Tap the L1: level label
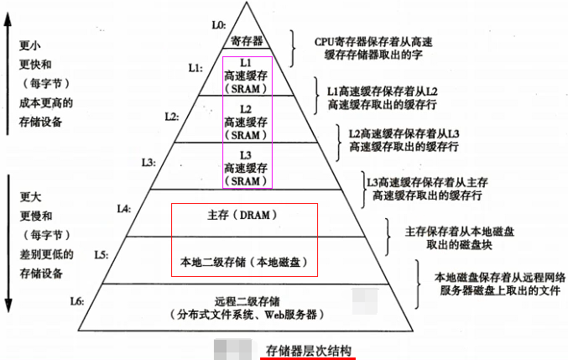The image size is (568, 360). tap(195, 65)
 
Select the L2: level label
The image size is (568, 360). tap(171, 116)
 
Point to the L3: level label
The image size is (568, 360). tap(149, 161)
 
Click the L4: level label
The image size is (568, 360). tap(124, 207)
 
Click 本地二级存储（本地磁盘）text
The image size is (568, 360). tap(244, 261)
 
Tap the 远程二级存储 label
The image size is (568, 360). tap(247, 300)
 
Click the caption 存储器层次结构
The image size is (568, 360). tap(308, 350)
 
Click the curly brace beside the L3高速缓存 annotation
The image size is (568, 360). tap(362, 188)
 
